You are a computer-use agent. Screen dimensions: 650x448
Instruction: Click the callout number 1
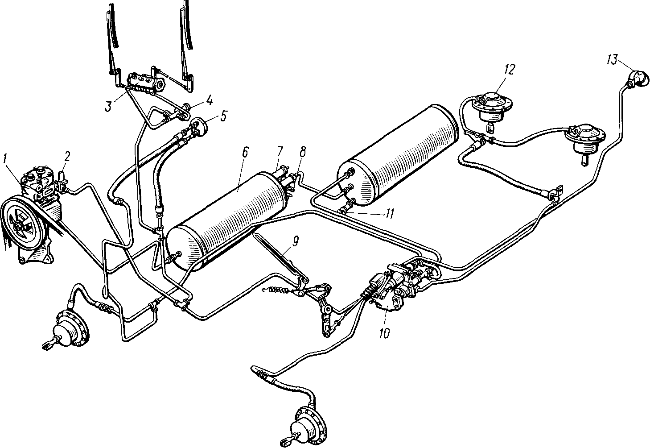(x=5, y=159)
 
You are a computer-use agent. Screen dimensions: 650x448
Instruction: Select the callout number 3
(x=108, y=107)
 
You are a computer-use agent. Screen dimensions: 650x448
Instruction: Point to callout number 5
(x=222, y=116)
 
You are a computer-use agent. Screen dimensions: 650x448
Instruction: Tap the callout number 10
(x=384, y=333)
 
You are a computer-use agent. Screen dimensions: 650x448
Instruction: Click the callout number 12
(x=509, y=70)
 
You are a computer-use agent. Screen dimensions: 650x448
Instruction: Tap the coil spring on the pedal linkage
(x=277, y=290)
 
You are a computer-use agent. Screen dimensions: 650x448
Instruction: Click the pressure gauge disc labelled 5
(x=201, y=126)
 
